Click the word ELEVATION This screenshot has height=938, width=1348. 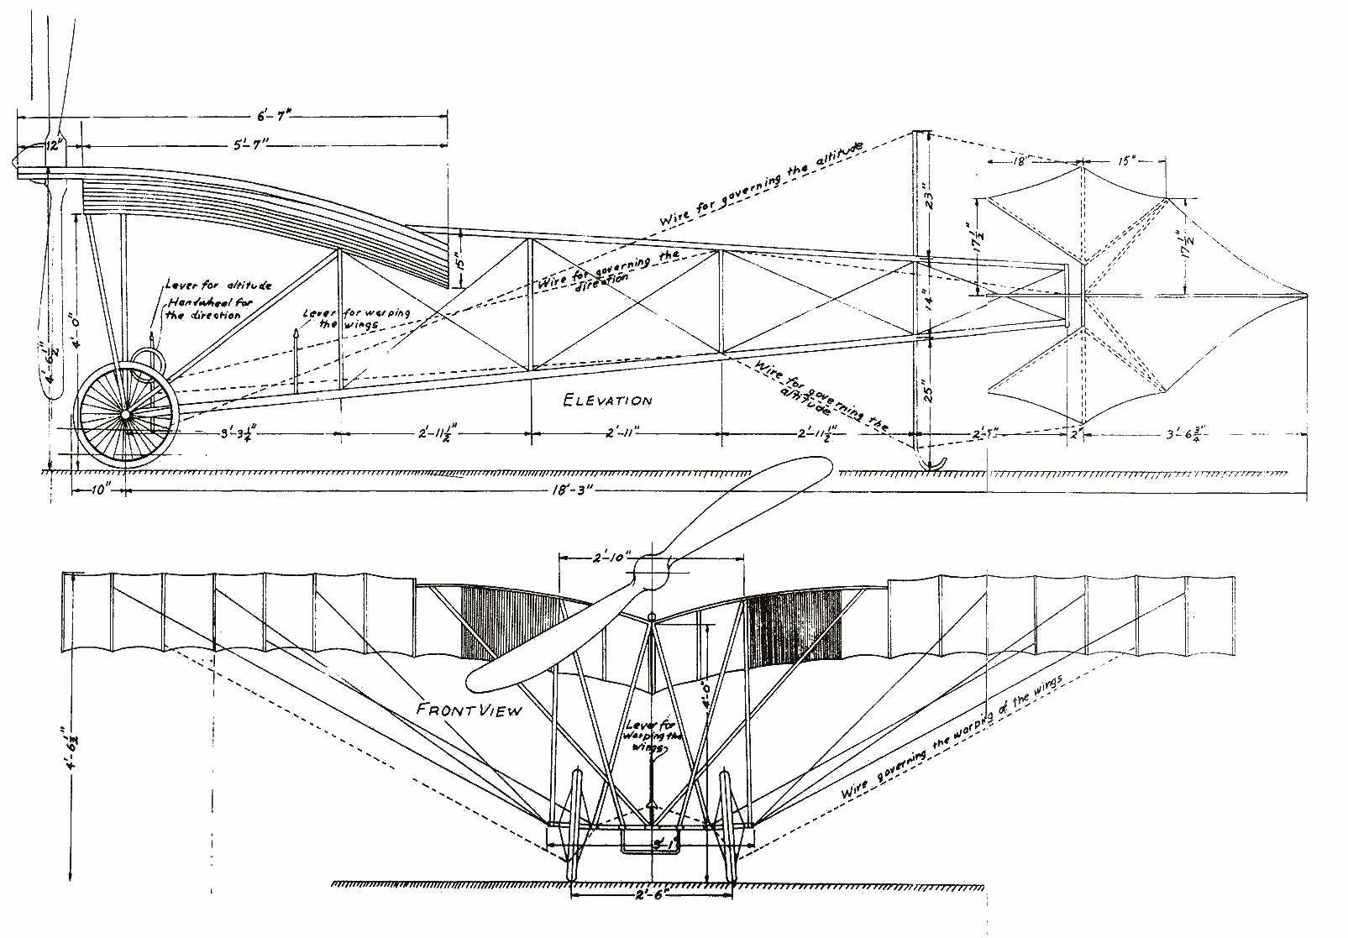pos(607,401)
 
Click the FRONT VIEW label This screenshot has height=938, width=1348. pos(469,710)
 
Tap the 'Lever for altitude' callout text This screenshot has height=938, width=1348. pos(218,286)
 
